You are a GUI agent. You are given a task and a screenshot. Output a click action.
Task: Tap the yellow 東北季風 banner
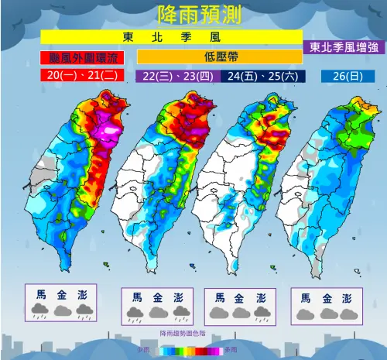coord(171,37)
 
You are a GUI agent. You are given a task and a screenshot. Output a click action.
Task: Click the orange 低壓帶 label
coord(219,57)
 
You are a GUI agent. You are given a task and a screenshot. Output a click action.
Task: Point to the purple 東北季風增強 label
coord(344,47)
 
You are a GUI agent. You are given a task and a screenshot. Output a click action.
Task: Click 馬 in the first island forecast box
coord(40,294)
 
